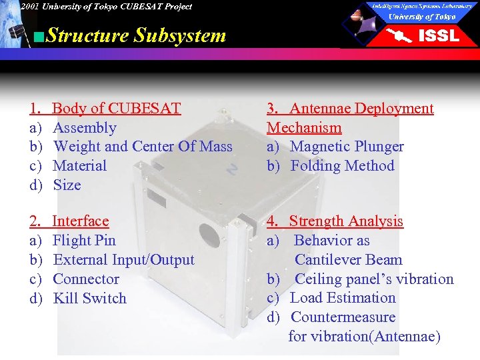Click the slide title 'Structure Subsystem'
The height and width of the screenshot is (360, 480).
tap(136, 35)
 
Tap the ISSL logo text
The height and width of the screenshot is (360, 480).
tap(439, 35)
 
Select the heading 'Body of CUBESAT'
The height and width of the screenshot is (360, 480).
tap(116, 109)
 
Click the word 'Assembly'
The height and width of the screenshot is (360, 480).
tap(84, 128)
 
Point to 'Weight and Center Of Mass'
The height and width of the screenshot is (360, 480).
tap(143, 147)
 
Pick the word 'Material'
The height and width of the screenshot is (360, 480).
tap(79, 166)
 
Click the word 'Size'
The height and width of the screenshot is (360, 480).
tap(67, 185)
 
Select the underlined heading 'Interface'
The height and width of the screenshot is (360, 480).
tap(80, 221)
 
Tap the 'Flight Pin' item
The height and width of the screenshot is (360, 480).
tap(84, 241)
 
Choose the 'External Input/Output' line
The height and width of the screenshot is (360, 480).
tap(123, 260)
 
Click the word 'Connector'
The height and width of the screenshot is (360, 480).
tap(86, 279)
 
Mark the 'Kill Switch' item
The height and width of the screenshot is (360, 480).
tap(89, 299)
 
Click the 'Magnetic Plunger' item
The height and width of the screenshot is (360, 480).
tap(347, 147)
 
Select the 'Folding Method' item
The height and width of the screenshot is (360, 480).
tap(343, 166)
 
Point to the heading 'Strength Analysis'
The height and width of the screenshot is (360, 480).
tap(346, 221)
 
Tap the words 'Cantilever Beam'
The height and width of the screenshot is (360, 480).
tap(349, 260)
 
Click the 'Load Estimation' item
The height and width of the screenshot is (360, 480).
tap(343, 298)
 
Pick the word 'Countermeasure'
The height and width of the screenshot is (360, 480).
tap(343, 317)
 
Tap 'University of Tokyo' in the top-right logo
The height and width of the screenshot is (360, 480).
tap(422, 17)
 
